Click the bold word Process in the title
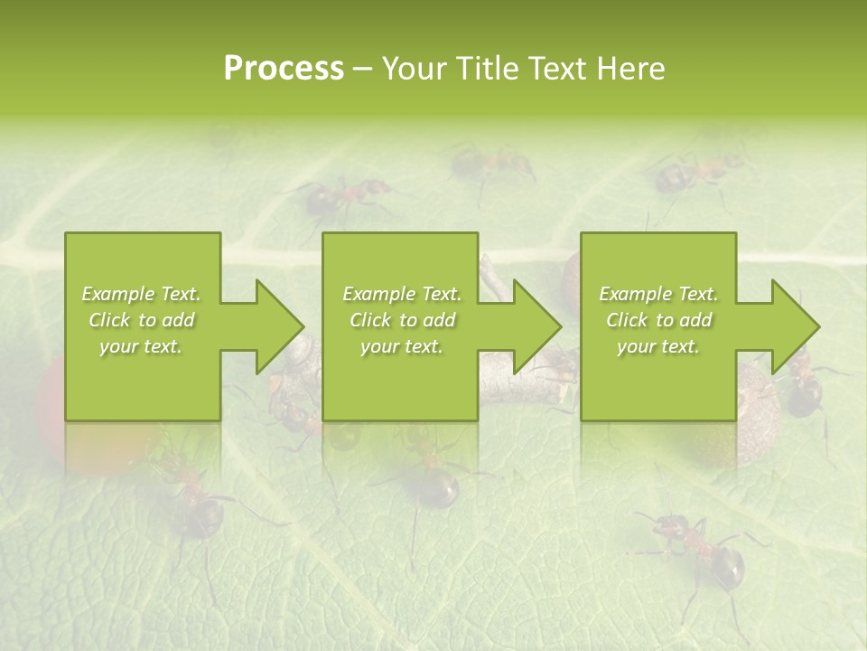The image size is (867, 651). (x=284, y=69)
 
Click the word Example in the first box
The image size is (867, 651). (x=117, y=294)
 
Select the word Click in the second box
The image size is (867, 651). (x=368, y=320)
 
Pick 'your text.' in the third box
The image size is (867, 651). (x=657, y=346)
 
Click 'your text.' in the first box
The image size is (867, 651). (x=140, y=346)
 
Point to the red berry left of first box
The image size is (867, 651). (x=50, y=389)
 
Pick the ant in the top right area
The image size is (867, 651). (x=695, y=172)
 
